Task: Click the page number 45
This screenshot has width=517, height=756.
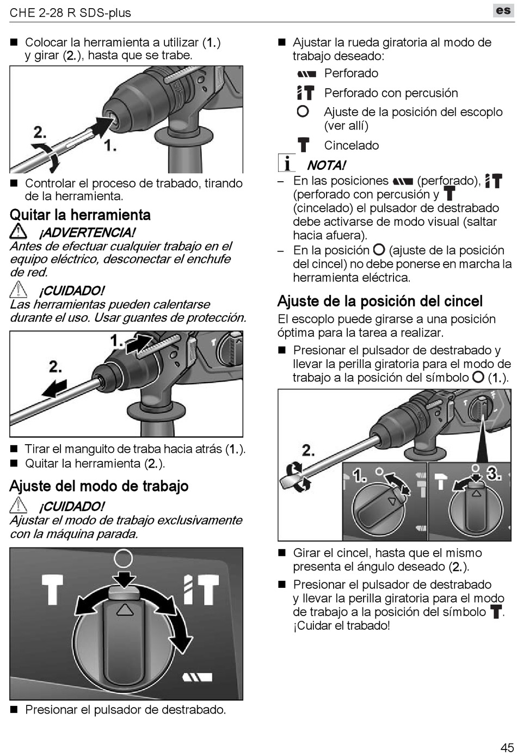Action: [507, 747]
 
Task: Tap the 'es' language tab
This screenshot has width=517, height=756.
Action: [503, 10]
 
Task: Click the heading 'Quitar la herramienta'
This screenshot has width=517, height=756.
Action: [80, 215]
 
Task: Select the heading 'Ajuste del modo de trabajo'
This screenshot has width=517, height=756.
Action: [99, 486]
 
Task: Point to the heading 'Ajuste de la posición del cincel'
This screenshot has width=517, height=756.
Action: [380, 301]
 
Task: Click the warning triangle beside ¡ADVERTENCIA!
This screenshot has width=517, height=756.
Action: [19, 232]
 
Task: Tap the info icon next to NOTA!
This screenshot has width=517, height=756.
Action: [286, 163]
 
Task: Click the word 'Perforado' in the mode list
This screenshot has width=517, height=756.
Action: [351, 73]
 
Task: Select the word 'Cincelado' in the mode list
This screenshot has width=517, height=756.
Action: [351, 145]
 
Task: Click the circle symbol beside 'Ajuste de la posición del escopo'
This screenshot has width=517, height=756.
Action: [303, 112]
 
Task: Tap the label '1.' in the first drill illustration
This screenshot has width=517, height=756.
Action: [110, 145]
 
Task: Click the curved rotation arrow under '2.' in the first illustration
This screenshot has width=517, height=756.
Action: [47, 157]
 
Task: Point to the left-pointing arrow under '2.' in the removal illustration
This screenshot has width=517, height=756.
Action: [54, 388]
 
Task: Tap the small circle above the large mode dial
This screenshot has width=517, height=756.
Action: [124, 558]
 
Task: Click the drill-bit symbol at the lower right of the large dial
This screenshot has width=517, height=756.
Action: [196, 677]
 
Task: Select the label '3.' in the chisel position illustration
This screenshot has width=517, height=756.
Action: [494, 474]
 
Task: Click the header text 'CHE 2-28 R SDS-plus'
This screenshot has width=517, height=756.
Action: [70, 13]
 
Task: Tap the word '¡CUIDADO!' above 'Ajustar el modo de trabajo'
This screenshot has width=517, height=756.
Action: [71, 506]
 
